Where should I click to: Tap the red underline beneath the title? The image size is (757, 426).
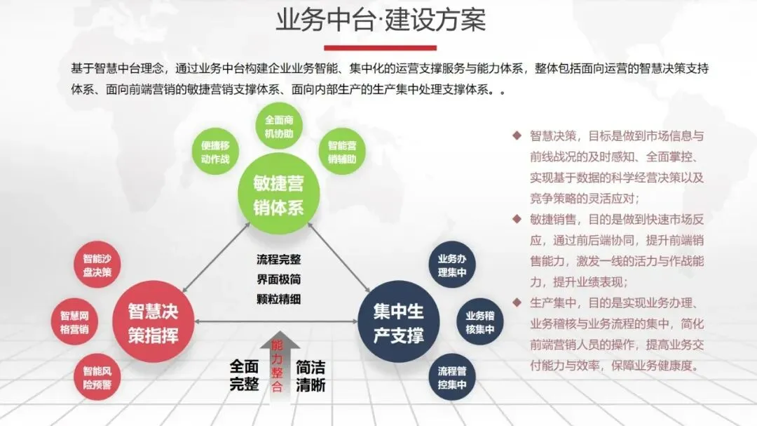[380, 48]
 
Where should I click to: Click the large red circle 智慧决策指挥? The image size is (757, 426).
[154, 322]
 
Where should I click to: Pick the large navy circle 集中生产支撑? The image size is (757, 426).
[398, 322]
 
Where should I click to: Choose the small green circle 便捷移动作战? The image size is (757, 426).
[215, 152]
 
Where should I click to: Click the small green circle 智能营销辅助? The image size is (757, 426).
[342, 152]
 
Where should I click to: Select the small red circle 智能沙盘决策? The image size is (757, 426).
[97, 265]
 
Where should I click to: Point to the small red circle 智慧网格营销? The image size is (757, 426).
[74, 322]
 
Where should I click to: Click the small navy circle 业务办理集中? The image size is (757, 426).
[452, 265]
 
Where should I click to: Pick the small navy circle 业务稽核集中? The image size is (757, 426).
[479, 322]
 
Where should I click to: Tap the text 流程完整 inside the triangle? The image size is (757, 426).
[278, 259]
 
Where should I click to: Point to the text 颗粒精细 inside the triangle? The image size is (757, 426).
[278, 298]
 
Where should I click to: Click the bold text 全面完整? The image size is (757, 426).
[245, 375]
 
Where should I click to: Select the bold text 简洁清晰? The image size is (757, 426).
[311, 375]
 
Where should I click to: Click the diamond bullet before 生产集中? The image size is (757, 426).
[517, 302]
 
